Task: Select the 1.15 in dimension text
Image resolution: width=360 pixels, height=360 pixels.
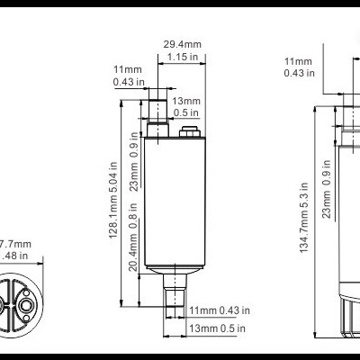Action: (x=181, y=58)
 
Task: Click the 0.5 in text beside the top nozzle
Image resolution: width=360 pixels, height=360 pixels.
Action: (x=187, y=113)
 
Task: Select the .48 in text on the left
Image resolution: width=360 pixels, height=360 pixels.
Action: (x=14, y=256)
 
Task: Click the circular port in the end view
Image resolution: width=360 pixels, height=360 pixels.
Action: (x=26, y=307)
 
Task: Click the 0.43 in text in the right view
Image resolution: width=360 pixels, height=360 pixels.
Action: (x=298, y=73)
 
